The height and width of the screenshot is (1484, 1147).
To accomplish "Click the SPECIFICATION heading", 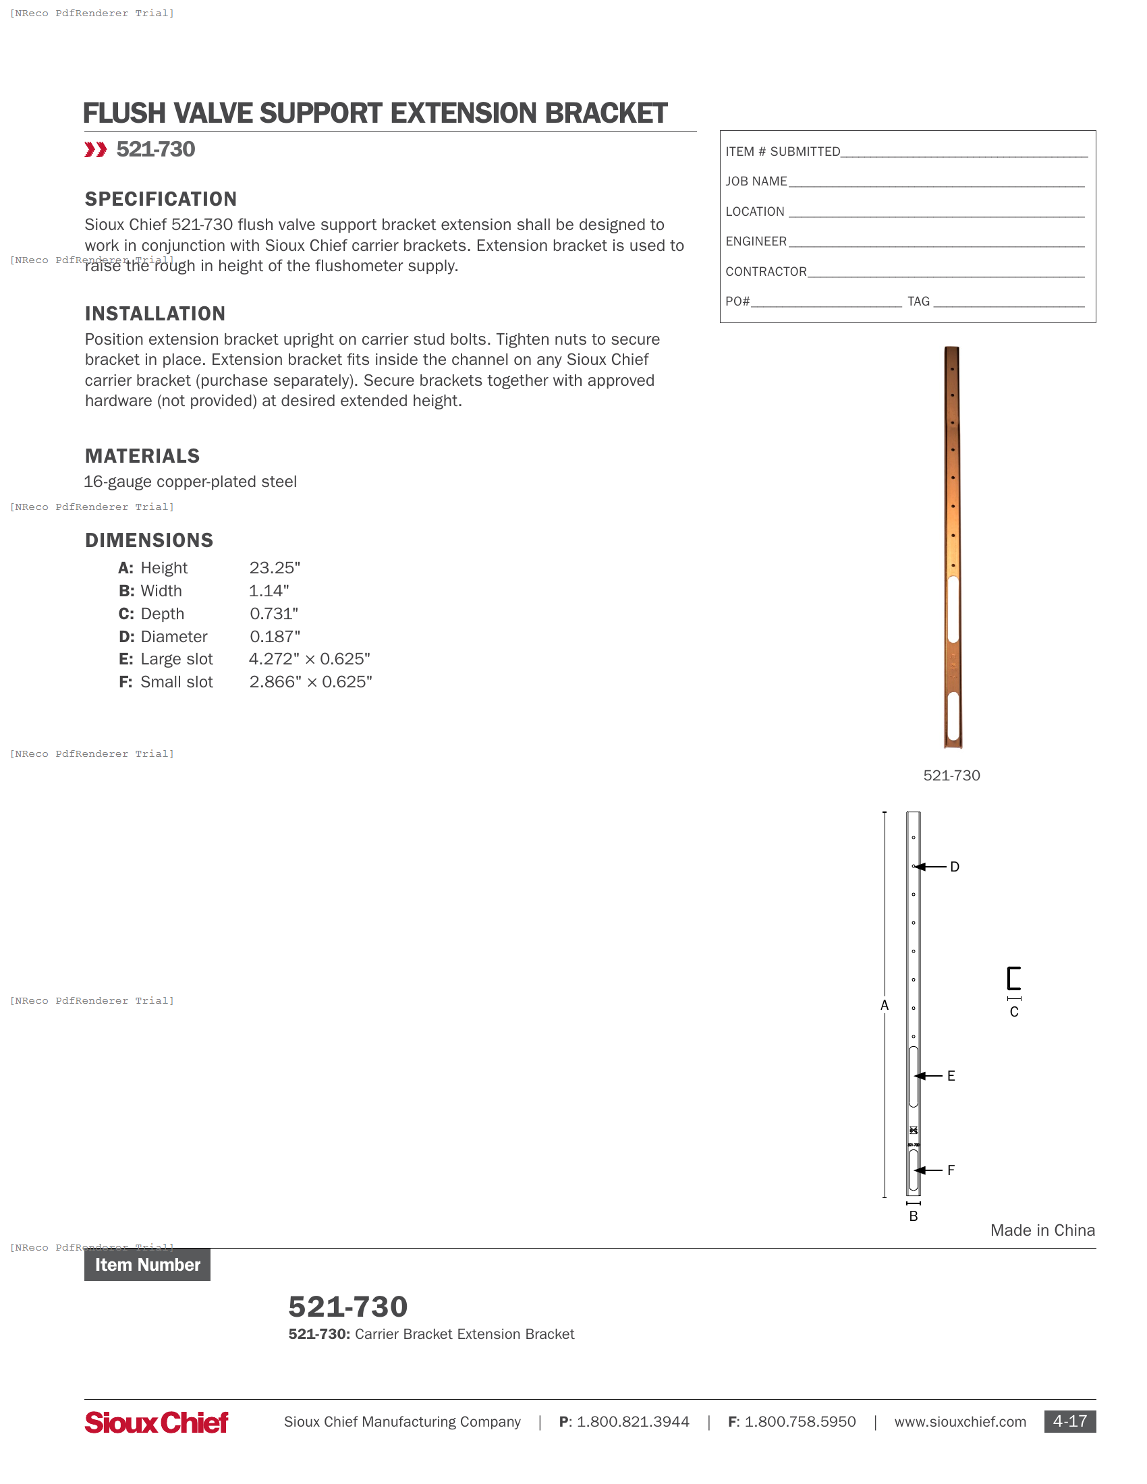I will point(161,199).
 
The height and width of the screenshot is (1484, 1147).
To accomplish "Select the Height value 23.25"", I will point(275,567).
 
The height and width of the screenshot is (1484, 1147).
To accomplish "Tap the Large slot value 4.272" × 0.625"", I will point(309,658).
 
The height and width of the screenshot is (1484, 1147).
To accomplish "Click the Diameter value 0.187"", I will point(275,636).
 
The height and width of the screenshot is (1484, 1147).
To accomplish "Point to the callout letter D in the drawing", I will point(954,867).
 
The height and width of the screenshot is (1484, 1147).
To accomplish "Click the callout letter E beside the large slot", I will point(951,1076).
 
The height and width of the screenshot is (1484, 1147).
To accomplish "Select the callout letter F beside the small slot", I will point(951,1170).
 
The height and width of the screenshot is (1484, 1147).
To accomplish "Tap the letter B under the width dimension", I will point(914,1216).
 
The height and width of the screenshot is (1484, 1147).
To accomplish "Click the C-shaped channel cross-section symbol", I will point(1013,979).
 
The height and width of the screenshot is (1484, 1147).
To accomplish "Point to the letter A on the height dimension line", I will point(884,1005).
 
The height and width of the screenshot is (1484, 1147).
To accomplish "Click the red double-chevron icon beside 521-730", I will point(96,150).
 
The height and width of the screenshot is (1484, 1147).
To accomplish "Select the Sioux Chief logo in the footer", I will point(157,1422).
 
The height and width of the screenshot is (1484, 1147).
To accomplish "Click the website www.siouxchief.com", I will point(959,1421).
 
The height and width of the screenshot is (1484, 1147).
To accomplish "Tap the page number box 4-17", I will point(1069,1421).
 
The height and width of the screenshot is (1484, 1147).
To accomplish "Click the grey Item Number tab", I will point(148,1265).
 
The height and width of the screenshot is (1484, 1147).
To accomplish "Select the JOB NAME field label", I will point(756,181).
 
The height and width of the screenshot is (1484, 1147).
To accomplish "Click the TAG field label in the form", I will point(918,301).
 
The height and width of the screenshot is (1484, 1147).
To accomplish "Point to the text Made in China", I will point(1042,1230).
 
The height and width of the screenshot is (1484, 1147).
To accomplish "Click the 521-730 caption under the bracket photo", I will point(951,775).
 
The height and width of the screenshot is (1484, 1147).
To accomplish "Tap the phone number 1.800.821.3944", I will point(633,1421).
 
